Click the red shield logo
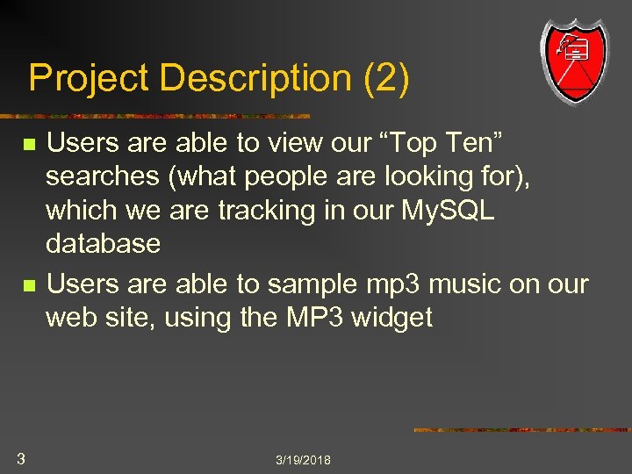pyautogui.click(x=574, y=59)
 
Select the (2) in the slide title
pyautogui.click(x=384, y=79)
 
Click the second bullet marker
pyautogui.click(x=30, y=286)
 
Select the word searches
pyautogui.click(x=102, y=176)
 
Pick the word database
pyautogui.click(x=104, y=243)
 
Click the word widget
pyautogui.click(x=391, y=317)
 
